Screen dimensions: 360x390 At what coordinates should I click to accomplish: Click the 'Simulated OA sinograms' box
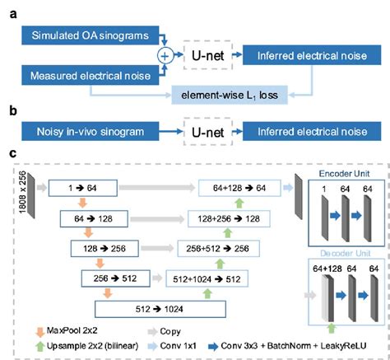tap(83, 34)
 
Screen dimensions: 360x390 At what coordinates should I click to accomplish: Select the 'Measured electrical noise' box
tap(83, 77)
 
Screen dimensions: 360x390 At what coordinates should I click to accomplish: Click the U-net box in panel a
tap(214, 55)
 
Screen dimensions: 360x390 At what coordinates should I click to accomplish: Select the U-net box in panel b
tap(214, 130)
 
